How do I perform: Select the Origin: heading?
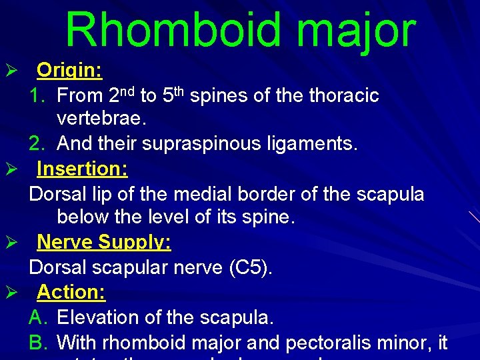pyautogui.click(x=69, y=70)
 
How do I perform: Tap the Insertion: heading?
pyautogui.click(x=82, y=169)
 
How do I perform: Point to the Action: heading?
pyautogui.click(x=71, y=292)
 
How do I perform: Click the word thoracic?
pyautogui.click(x=344, y=96)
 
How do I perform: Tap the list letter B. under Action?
pyautogui.click(x=37, y=343)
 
